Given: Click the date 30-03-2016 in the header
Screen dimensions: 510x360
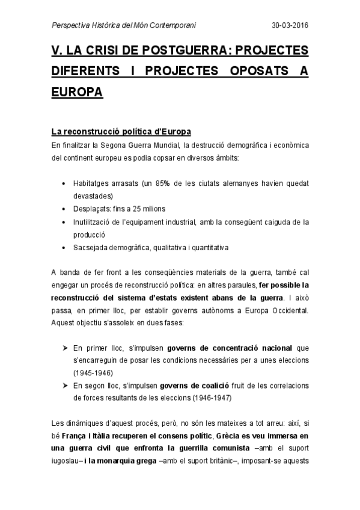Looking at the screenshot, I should click(x=290, y=25).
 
